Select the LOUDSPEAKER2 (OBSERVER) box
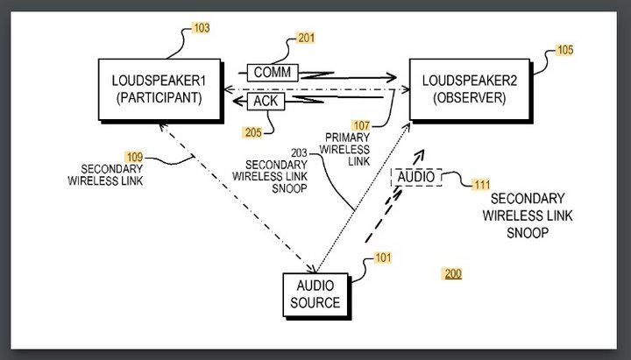[x=464, y=88]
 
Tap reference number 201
[x=306, y=38]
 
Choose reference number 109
[x=134, y=156]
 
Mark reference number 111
[x=480, y=185]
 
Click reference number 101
[x=383, y=258]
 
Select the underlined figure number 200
[x=452, y=274]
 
